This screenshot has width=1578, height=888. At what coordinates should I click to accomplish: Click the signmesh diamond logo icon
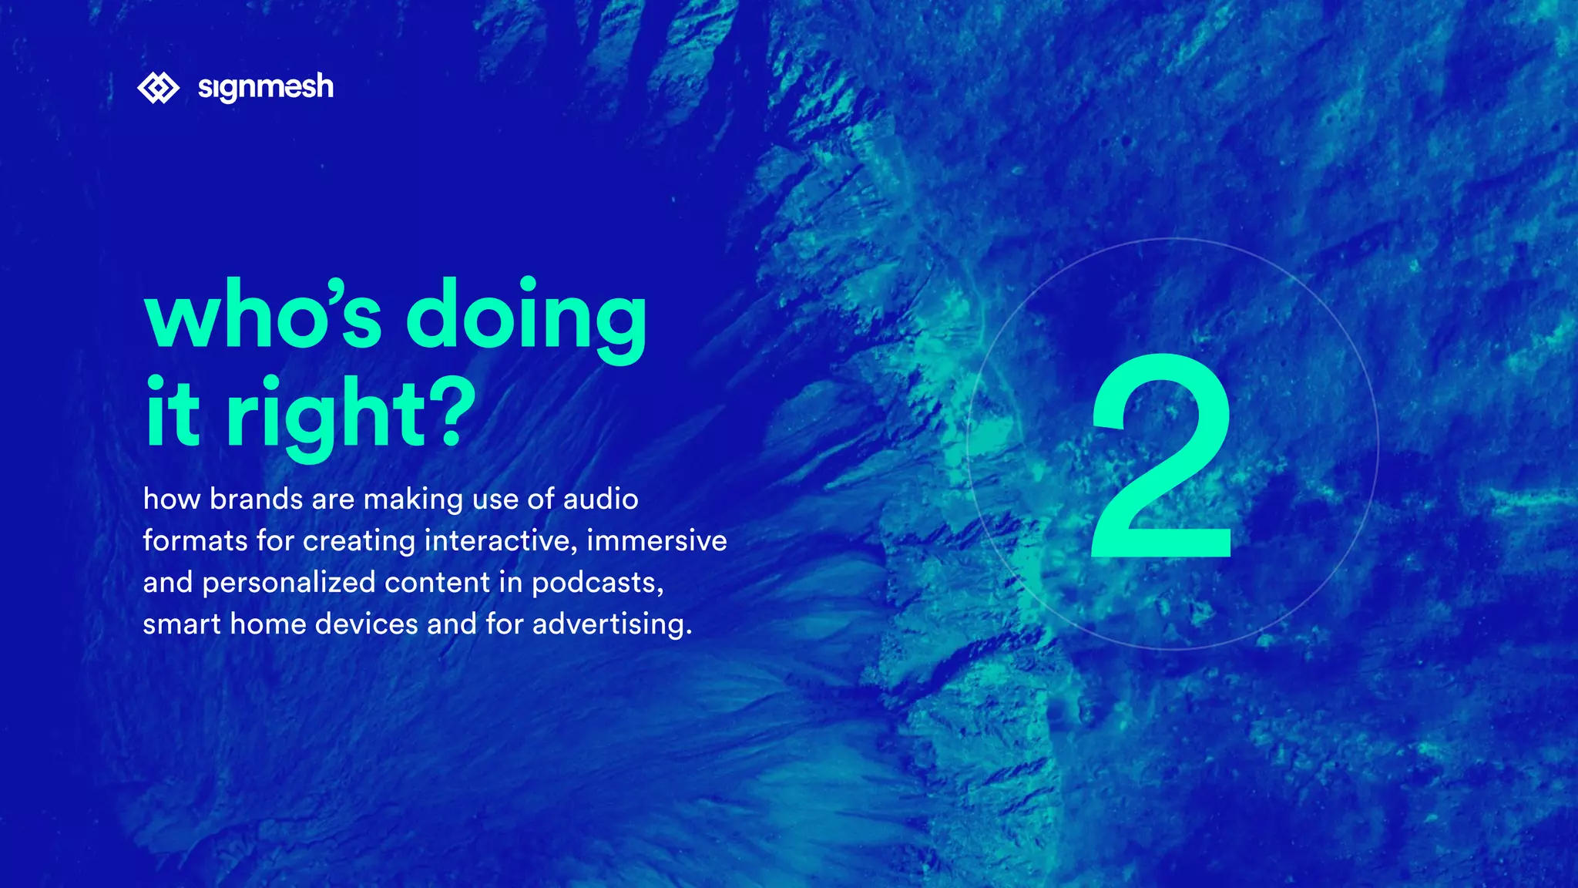[158, 88]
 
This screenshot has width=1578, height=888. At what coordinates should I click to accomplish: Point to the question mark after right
[450, 413]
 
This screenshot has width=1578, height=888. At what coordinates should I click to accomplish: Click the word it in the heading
[173, 413]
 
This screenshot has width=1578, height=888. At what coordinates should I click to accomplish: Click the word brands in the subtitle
[256, 499]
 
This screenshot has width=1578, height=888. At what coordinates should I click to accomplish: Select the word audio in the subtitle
[600, 499]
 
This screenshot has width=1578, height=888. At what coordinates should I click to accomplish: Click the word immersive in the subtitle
[656, 541]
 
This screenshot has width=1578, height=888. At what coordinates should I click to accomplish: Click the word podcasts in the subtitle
[597, 583]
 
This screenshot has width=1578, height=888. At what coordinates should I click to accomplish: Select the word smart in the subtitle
[182, 624]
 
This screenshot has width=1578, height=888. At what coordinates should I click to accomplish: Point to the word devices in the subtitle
[366, 624]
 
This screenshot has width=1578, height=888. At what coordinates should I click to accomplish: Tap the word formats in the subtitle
[195, 541]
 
